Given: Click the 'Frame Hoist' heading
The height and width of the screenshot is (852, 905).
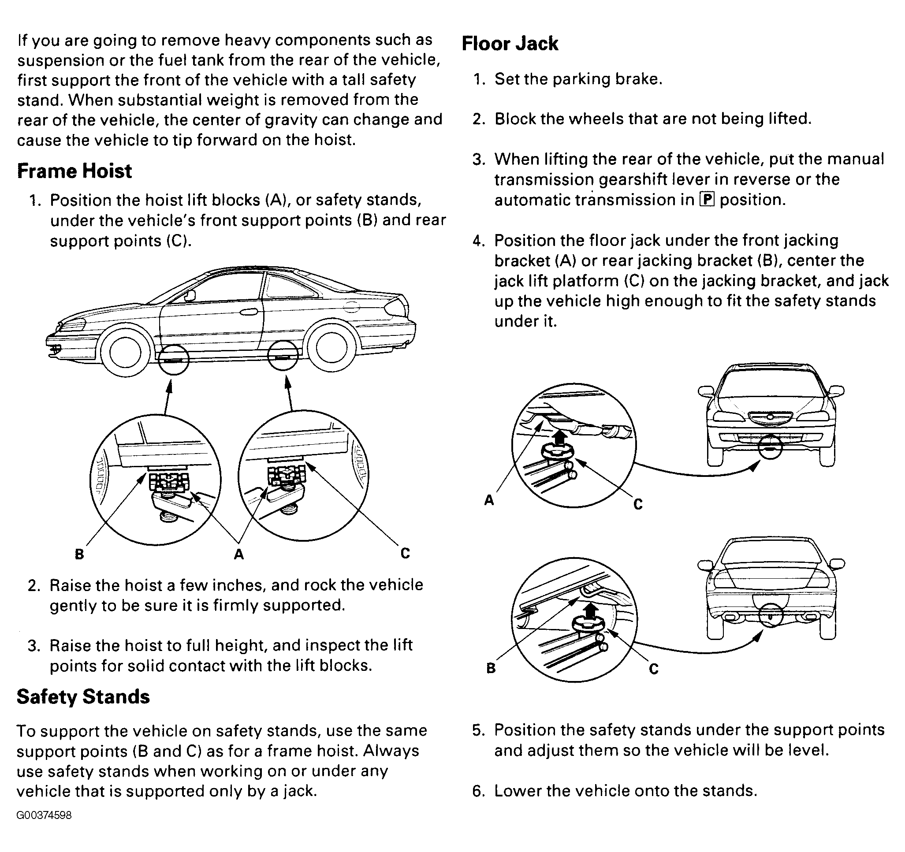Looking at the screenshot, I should tap(74, 171).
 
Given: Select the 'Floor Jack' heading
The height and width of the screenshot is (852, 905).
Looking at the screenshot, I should tap(510, 44).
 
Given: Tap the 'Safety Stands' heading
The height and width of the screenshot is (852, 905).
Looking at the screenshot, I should tap(83, 697).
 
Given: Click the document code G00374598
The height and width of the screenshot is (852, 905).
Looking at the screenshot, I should tap(44, 815).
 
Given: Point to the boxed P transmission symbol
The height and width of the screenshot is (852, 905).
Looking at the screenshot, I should tap(707, 199).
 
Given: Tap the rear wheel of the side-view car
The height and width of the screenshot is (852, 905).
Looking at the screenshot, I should tap(331, 347).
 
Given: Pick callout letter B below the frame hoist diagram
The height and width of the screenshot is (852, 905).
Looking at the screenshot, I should tap(79, 554).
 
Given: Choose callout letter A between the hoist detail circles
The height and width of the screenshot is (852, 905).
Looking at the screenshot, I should tap(238, 554).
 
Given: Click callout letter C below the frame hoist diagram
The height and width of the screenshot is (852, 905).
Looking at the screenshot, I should tap(405, 553).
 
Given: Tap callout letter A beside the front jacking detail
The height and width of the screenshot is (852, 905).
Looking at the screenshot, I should tap(489, 500).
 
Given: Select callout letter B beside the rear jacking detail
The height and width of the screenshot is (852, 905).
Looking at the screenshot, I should tap(491, 668).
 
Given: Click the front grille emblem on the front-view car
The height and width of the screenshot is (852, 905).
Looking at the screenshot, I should tap(770, 417).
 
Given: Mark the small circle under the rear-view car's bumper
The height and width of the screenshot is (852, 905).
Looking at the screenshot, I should tap(770, 615).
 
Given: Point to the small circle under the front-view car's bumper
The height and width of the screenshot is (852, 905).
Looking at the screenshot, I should tap(770, 446).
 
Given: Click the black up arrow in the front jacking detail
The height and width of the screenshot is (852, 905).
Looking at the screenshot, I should tap(561, 438).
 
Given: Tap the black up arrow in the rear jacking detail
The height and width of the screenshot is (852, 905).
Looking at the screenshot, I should tap(590, 610).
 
